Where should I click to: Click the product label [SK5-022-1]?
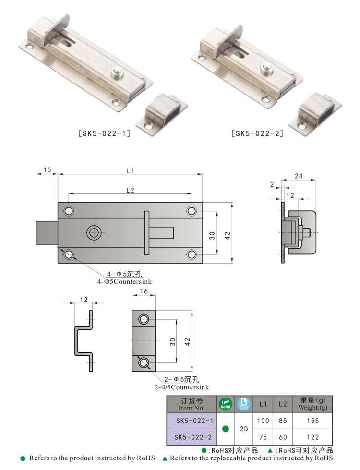tap(105, 134)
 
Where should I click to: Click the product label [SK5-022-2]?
tap(257, 134)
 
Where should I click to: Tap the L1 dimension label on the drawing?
tap(130, 171)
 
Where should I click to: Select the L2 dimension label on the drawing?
tap(130, 190)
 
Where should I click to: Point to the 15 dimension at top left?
tap(47, 170)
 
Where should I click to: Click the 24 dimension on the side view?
tap(298, 176)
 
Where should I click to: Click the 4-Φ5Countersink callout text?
tap(124, 282)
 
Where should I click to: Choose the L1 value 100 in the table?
tap(263, 420)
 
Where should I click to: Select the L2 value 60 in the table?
tap(282, 437)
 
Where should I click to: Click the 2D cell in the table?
tap(243, 429)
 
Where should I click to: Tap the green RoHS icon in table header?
tap(225, 404)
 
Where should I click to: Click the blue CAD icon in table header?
tap(243, 404)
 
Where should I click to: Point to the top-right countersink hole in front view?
tap(192, 211)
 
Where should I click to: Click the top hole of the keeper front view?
tap(144, 319)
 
